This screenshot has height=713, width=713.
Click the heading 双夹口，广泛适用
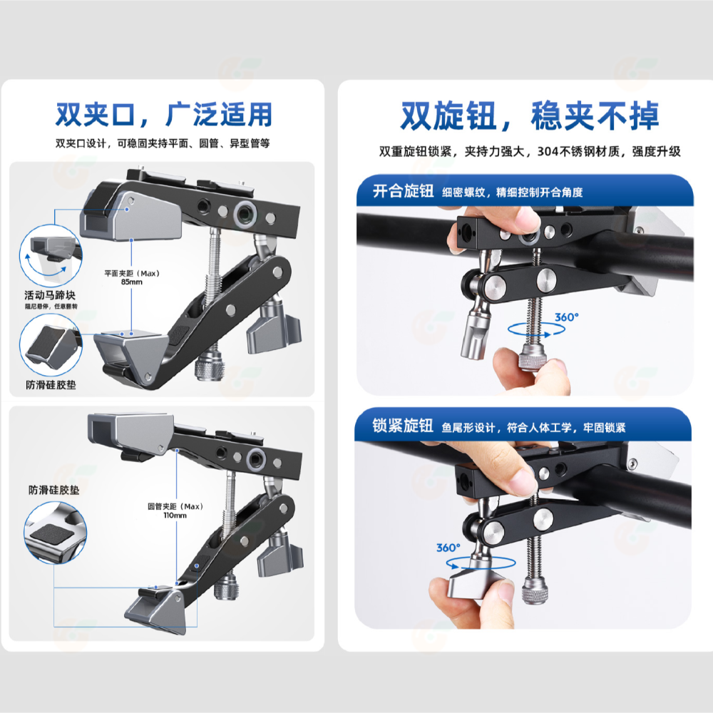pos(164,114)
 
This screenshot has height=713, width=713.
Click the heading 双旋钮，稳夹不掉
pos(529,116)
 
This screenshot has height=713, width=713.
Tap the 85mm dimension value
pos(132,282)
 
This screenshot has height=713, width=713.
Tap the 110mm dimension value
pos(175,515)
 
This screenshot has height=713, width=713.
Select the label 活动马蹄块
pos(50,295)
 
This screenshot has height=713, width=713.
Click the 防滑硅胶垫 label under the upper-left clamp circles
pos(51,385)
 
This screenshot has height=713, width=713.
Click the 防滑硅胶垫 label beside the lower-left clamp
pos(53,491)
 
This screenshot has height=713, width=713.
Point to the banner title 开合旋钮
pos(404,191)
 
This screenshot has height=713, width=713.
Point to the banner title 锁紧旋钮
pos(403,426)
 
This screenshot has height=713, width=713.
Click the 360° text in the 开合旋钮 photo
pos(567,317)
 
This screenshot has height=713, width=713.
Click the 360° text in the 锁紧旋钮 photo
pos(448,548)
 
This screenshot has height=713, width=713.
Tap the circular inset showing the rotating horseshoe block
pos(51,255)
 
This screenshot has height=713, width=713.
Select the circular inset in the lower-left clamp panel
pos(55,533)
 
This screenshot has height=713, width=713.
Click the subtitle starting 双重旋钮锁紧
pos(530,151)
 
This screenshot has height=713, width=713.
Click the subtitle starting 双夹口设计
pos(163,143)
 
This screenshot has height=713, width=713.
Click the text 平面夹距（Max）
pos(132,273)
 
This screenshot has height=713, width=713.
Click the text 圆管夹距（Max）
pos(175,506)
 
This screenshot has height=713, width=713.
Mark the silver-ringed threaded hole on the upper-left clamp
pos(245,212)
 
